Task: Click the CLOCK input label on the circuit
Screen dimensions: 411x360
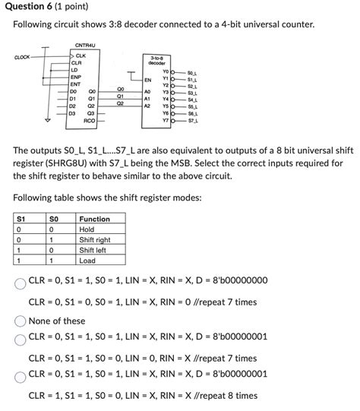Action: (x=22, y=56)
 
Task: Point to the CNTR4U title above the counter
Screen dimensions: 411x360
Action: (x=84, y=45)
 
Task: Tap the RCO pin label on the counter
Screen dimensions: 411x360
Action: (x=90, y=120)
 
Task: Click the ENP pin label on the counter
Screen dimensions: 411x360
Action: (x=76, y=77)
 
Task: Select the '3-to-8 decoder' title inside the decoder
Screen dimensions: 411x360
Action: (x=158, y=60)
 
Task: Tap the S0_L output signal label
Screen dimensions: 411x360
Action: (x=191, y=72)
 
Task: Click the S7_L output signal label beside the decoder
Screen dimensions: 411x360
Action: (x=191, y=121)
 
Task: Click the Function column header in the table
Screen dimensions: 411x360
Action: (x=95, y=219)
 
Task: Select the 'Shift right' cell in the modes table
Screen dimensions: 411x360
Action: (x=97, y=239)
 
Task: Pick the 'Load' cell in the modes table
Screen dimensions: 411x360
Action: (x=88, y=259)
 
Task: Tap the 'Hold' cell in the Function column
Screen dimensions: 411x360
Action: (x=87, y=229)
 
